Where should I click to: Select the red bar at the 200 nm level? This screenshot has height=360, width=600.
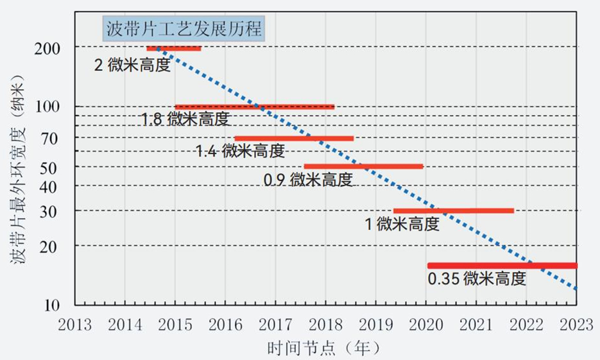[174, 48]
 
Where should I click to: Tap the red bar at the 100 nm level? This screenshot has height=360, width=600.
[255, 107]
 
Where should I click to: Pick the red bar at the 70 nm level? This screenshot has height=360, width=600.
[294, 138]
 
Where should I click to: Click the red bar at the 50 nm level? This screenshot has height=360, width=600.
[363, 166]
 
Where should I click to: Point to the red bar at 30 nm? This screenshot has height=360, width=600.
[453, 210]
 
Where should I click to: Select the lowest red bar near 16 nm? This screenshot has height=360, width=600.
[502, 266]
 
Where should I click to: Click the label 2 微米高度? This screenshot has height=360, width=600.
[133, 65]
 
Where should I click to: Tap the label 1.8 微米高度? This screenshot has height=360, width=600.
[184, 119]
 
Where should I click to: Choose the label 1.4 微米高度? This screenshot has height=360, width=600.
[239, 151]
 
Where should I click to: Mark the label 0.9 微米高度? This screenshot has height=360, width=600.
[309, 180]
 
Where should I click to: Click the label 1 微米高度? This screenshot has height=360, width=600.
[402, 224]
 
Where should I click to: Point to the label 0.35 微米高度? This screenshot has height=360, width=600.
[477, 279]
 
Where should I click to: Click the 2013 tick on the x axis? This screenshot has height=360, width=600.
[74, 323]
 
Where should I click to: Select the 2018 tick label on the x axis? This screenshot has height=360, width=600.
[325, 323]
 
